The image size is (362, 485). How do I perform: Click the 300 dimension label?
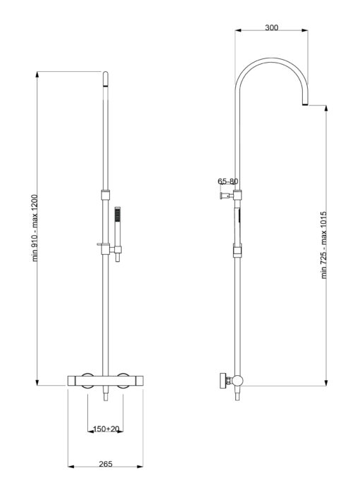coord(271,27)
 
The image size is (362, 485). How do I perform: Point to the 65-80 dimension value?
coord(227,181)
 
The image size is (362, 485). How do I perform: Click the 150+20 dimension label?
coord(106,429)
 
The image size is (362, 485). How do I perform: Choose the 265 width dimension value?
coord(106,465)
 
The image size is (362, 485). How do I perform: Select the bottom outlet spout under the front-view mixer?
coord(105,397)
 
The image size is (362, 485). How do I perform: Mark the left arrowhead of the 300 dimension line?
coord(238,30)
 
